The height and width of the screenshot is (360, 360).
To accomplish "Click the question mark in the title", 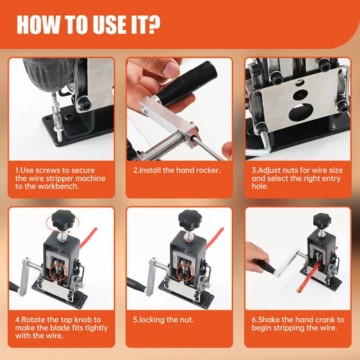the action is tap(153, 24).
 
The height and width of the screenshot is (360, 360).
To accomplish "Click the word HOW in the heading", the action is tap(38, 24).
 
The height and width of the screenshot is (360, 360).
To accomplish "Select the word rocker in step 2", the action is tap(208, 170).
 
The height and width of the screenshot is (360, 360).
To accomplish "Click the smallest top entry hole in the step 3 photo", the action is tap(300, 82).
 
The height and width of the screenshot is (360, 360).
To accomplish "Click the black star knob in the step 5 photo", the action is tap(190, 219).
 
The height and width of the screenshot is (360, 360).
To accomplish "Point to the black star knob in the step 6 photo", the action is tap(322, 221).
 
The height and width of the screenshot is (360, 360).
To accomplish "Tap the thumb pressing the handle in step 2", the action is tap(171, 68).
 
